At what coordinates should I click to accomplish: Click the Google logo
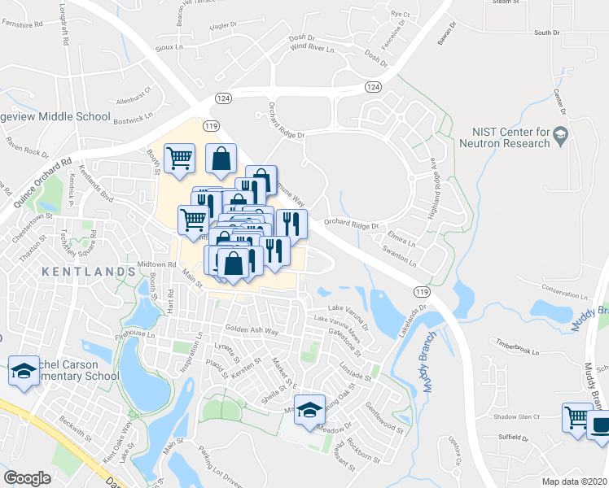[28, 478]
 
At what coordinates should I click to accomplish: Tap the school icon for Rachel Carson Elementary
[24, 371]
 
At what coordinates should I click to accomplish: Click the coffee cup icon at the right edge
[598, 425]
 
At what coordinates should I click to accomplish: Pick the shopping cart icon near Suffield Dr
[577, 418]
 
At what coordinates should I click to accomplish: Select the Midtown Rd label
[157, 264]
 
